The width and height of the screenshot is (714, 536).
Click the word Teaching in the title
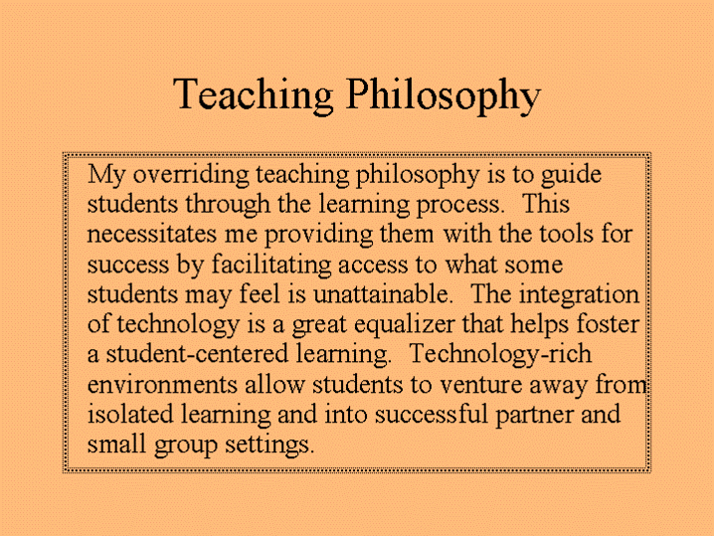pos(254,94)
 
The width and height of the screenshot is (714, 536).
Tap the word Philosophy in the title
pos(443,96)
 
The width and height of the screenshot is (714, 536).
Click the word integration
pos(582,296)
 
